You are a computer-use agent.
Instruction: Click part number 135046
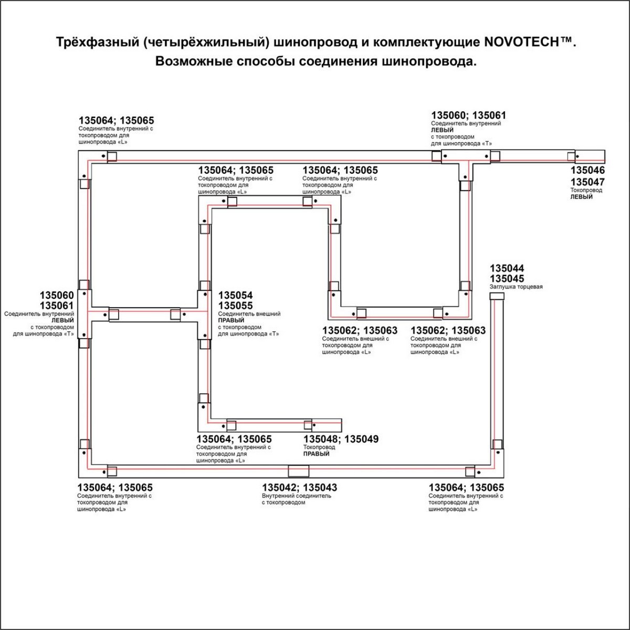[x=587, y=170]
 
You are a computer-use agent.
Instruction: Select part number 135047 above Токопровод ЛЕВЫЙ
[x=587, y=182]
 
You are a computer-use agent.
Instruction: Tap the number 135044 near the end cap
[x=507, y=268]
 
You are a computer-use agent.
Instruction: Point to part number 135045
[x=507, y=279]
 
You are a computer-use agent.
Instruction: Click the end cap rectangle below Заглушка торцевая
[x=497, y=296]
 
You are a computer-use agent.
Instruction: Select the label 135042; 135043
[x=300, y=487]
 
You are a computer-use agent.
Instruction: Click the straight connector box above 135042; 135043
[x=299, y=470]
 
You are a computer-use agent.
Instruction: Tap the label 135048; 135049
[x=341, y=439]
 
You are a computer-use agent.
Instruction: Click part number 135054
[x=235, y=296]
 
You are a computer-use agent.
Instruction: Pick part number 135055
[x=235, y=306]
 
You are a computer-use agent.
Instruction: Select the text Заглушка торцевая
[x=516, y=287]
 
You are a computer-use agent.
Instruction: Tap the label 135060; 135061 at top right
[x=468, y=115]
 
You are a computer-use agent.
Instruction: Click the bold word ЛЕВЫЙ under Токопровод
[x=581, y=197]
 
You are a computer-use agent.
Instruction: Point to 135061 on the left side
[x=57, y=306]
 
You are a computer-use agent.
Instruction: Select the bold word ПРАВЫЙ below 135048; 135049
[x=316, y=454]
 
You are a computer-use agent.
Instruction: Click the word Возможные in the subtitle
[x=193, y=61]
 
